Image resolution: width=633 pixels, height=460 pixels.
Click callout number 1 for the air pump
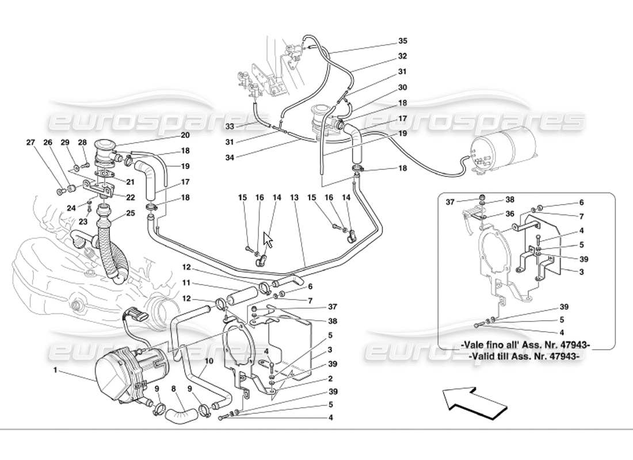pos(56,370)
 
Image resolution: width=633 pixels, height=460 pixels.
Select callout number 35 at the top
pos(402,41)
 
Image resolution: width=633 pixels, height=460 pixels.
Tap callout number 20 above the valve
pos(185,136)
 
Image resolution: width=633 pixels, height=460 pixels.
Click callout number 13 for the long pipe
pos(295,198)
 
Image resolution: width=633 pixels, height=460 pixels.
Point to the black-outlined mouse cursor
pos(268,239)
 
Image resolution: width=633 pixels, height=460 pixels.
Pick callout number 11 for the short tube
pos(186,283)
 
